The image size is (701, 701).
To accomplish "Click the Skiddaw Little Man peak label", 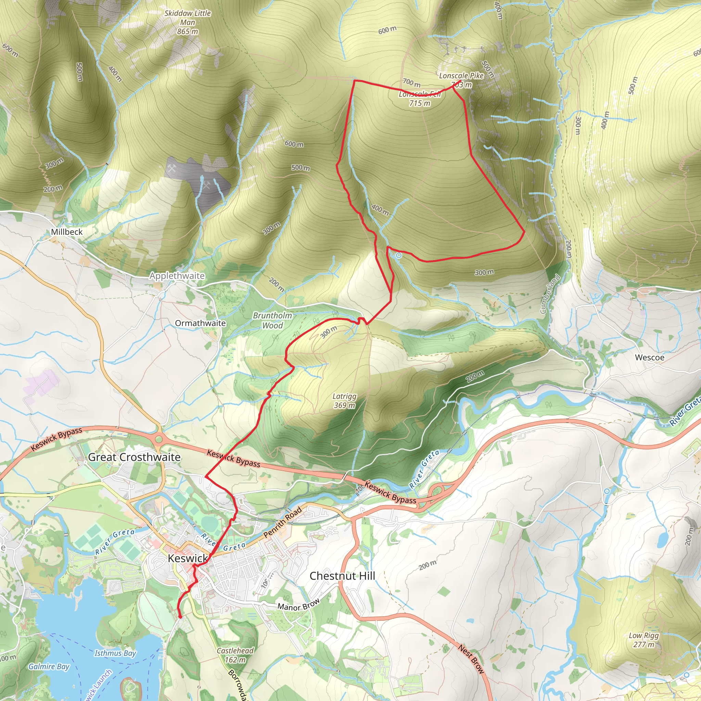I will (x=188, y=22).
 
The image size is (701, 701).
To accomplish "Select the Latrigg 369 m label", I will (x=344, y=400).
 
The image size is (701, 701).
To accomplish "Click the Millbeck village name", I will (x=67, y=232).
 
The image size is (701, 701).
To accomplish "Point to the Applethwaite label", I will (x=177, y=276).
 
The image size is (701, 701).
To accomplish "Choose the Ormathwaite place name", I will (x=200, y=323).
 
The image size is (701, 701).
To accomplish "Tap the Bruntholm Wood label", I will (x=272, y=320).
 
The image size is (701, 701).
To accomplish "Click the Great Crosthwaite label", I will (x=134, y=457).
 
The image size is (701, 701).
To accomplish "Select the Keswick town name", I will (x=188, y=558).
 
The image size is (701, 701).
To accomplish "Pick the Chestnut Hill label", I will (x=342, y=576).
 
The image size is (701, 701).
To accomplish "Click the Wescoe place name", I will (x=649, y=357).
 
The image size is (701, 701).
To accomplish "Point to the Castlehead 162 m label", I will (x=235, y=655).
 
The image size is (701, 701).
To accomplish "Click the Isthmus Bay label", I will (x=115, y=653).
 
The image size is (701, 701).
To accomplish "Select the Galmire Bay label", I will (x=49, y=666).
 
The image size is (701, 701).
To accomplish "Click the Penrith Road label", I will (x=283, y=522).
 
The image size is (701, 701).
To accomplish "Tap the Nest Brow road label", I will (x=471, y=659).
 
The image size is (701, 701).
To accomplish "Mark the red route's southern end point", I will (x=180, y=616).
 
